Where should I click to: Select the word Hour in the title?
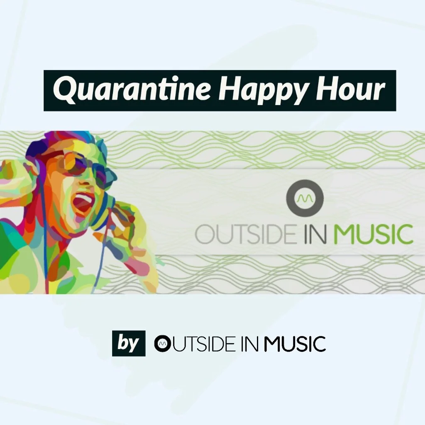point(349,90)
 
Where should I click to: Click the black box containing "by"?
point(129,343)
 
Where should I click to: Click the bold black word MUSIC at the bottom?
point(295,344)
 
